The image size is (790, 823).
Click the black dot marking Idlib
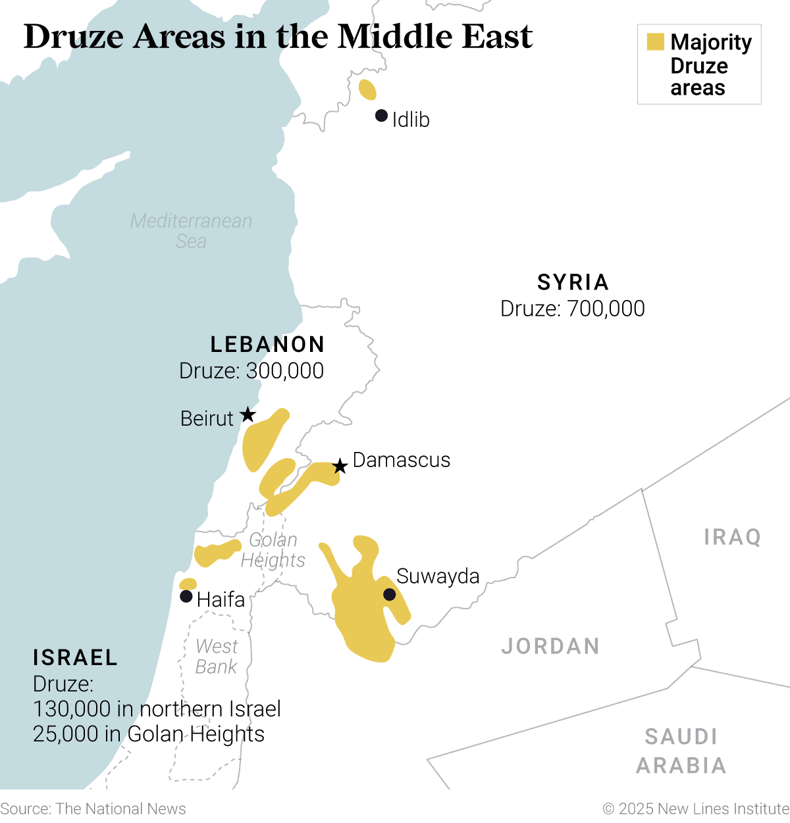[381, 116]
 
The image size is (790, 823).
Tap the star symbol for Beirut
[248, 414]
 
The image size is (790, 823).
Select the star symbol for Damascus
[340, 466]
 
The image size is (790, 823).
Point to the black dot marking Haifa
[186, 597]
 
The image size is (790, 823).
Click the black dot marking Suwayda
[389, 595]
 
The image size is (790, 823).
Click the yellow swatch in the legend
[655, 42]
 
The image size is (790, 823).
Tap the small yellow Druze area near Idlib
[367, 89]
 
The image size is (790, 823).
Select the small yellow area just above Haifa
[188, 584]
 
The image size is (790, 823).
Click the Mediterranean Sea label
[191, 231]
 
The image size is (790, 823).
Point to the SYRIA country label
[573, 282]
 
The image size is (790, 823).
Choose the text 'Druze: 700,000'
[572, 309]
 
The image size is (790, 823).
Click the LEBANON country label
[267, 344]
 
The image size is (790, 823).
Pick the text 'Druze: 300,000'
[251, 371]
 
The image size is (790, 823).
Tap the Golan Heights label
[273, 550]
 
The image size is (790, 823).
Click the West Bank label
[217, 657]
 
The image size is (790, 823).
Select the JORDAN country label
[550, 646]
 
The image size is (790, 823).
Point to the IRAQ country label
[732, 537]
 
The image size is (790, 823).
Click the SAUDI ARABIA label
[681, 751]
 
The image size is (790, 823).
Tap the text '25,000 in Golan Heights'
[149, 734]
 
